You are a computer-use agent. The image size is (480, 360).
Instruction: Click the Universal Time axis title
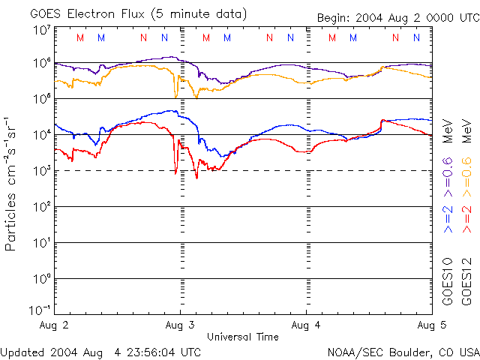click(243, 337)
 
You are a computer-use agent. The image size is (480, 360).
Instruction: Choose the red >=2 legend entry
click(465, 217)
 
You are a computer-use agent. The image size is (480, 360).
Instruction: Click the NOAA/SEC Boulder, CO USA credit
click(403, 351)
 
